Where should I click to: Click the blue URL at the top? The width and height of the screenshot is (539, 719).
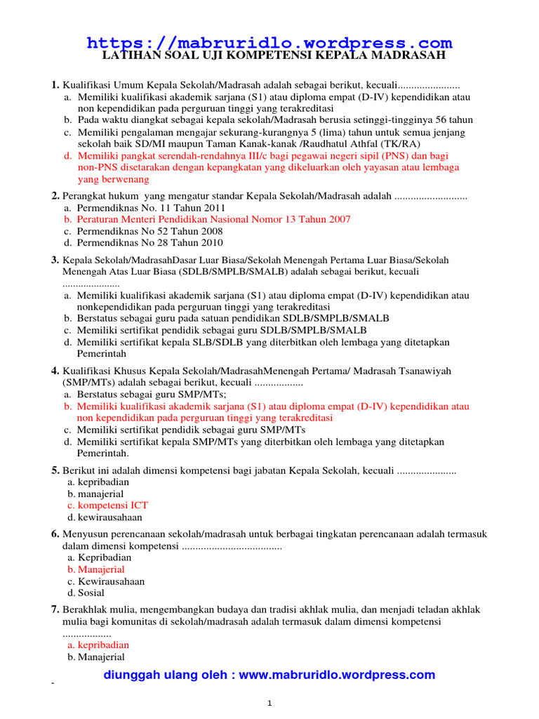(269, 43)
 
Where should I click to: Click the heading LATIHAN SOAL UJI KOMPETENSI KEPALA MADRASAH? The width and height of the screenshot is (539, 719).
(274, 55)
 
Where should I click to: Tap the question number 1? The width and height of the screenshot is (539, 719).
(55, 86)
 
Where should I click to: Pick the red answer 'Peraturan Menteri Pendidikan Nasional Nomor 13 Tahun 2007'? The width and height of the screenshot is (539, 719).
(213, 220)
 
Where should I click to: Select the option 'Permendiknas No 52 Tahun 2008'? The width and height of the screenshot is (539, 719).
(149, 231)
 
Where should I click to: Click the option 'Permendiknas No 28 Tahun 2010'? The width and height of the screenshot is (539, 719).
(149, 242)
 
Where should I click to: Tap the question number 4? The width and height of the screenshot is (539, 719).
(55, 370)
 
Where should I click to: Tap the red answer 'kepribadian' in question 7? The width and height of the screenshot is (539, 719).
(103, 645)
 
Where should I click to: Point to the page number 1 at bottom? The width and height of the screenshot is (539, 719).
(269, 704)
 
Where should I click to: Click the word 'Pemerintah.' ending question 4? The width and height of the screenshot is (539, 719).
(103, 454)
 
